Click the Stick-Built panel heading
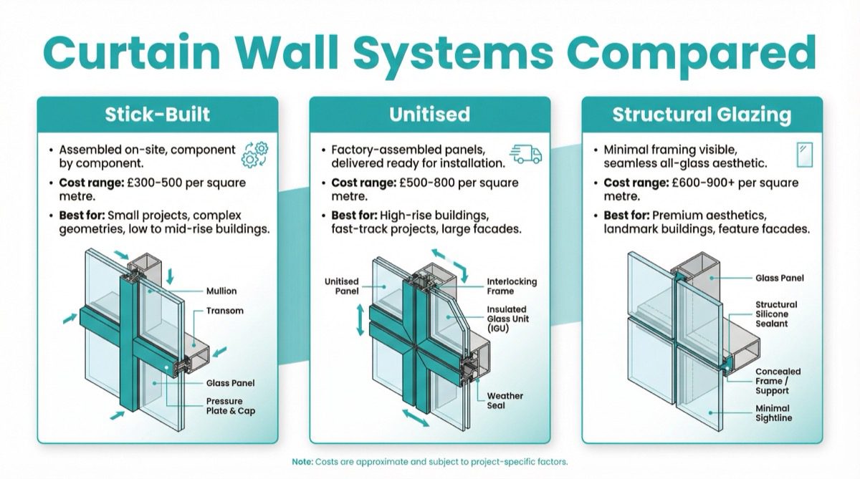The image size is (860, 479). point(157,115)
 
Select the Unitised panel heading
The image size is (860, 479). point(429,115)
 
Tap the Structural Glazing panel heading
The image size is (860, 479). point(702,115)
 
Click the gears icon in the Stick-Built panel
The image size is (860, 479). point(256,155)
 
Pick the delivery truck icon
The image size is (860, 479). point(525,153)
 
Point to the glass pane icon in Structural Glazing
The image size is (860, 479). point(804,154)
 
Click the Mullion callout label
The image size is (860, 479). point(221,291)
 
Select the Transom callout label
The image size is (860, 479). point(224,311)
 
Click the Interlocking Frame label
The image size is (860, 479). point(511,286)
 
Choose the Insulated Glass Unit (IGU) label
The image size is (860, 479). point(507,319)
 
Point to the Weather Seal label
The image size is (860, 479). point(505,401)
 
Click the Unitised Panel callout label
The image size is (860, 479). point(341,286)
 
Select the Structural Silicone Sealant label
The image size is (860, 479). point(775,314)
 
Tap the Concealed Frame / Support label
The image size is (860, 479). point(778,381)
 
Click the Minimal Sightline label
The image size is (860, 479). point(774,413)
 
